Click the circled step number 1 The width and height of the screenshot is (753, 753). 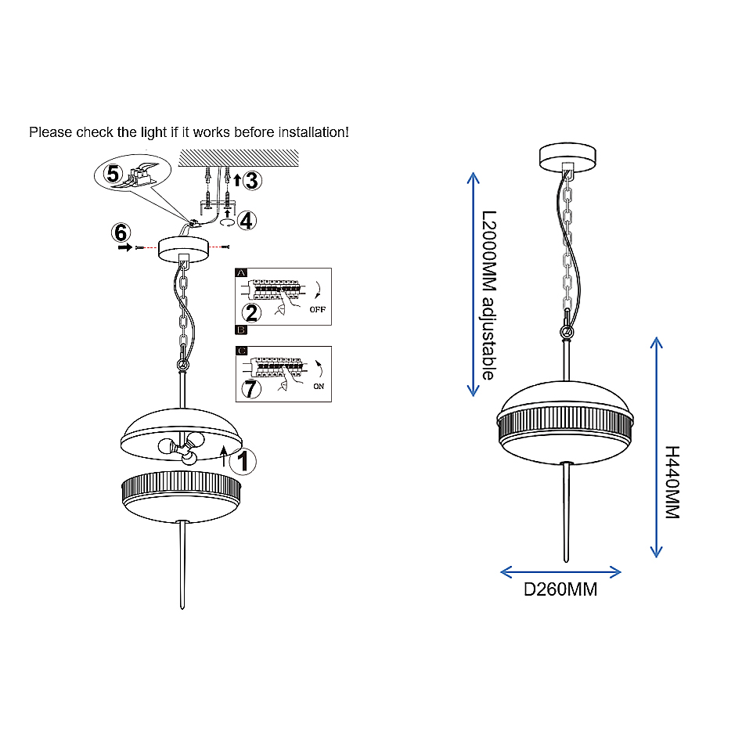tap(243, 462)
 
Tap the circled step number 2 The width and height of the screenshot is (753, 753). tap(251, 313)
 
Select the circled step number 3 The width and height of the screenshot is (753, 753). tap(252, 181)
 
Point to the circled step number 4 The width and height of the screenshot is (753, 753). tap(247, 221)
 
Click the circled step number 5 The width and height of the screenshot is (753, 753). tap(113, 174)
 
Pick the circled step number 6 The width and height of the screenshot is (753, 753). tap(121, 233)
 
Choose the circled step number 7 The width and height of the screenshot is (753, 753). tap(251, 389)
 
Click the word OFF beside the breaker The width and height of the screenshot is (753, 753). tap(318, 310)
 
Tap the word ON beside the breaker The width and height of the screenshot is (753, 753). tap(319, 386)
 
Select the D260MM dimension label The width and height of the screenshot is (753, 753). tap(560, 589)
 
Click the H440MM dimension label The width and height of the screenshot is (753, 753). tap(672, 482)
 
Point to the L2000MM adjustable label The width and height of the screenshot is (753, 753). tap(489, 295)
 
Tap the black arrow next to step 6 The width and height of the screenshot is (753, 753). tap(125, 247)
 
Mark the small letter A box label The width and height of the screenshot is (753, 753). tap(241, 272)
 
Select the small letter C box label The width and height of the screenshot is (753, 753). tap(242, 351)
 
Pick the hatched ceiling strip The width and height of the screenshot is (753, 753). tap(239, 158)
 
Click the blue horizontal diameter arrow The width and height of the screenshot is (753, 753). tap(560, 572)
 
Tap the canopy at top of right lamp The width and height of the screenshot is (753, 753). tap(567, 157)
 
